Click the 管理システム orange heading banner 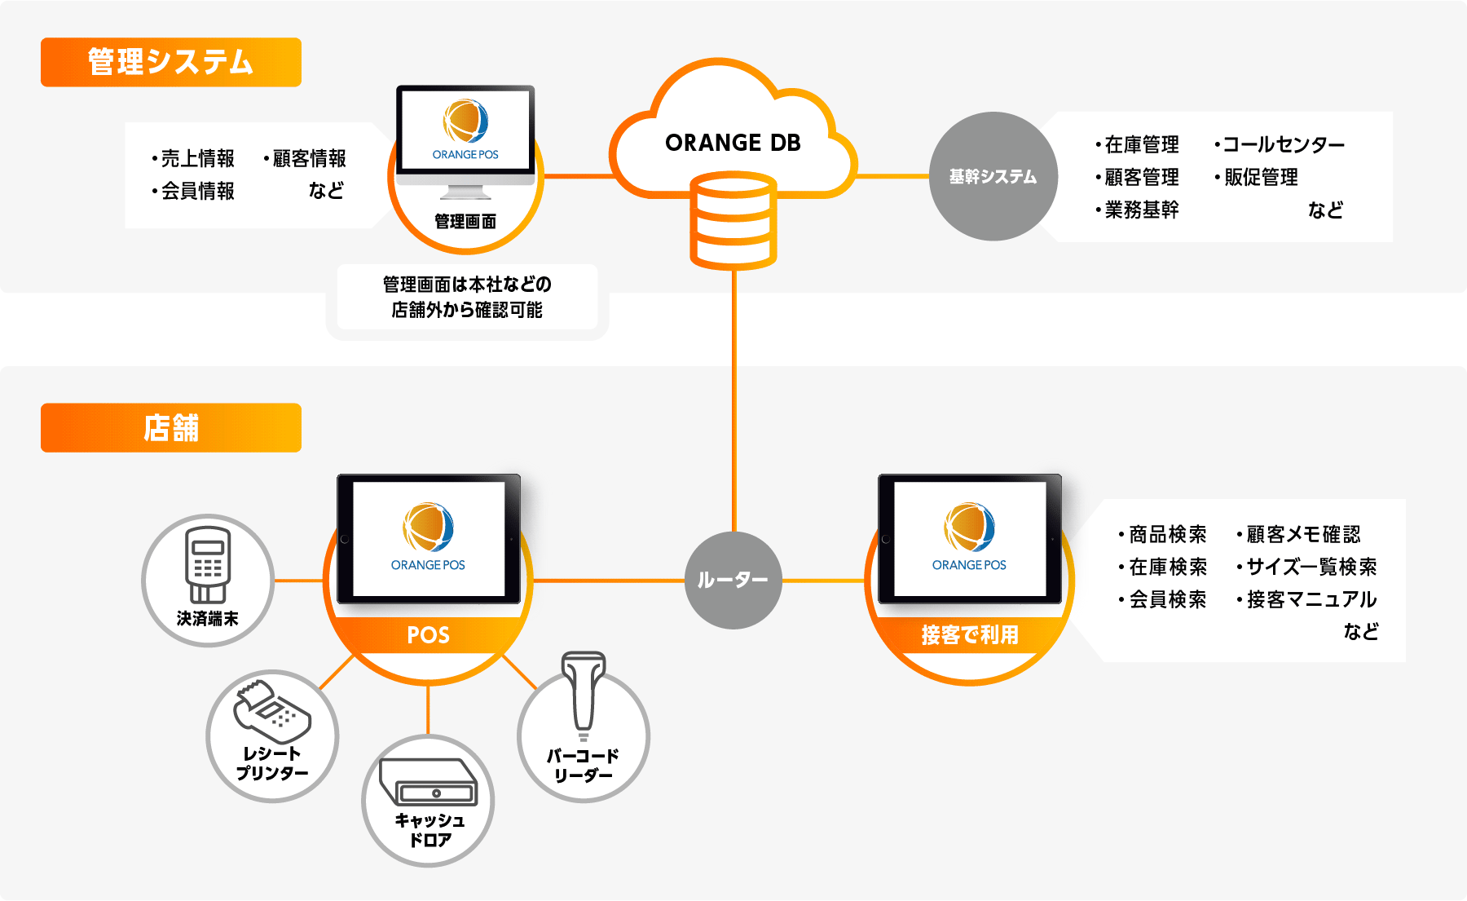pyautogui.click(x=170, y=62)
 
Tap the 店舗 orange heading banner pyautogui.click(x=170, y=427)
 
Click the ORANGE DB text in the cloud pyautogui.click(x=733, y=143)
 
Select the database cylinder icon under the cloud pyautogui.click(x=733, y=221)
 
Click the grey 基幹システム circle pyautogui.click(x=993, y=176)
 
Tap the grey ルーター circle pyautogui.click(x=733, y=580)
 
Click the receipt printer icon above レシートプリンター pyautogui.click(x=272, y=708)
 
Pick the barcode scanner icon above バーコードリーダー pyautogui.click(x=584, y=693)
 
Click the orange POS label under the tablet pyautogui.click(x=428, y=635)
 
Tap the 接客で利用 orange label pyautogui.click(x=970, y=635)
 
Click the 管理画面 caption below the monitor pyautogui.click(x=465, y=222)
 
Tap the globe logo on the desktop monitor pyautogui.click(x=465, y=121)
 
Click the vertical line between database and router pyautogui.click(x=733, y=400)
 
